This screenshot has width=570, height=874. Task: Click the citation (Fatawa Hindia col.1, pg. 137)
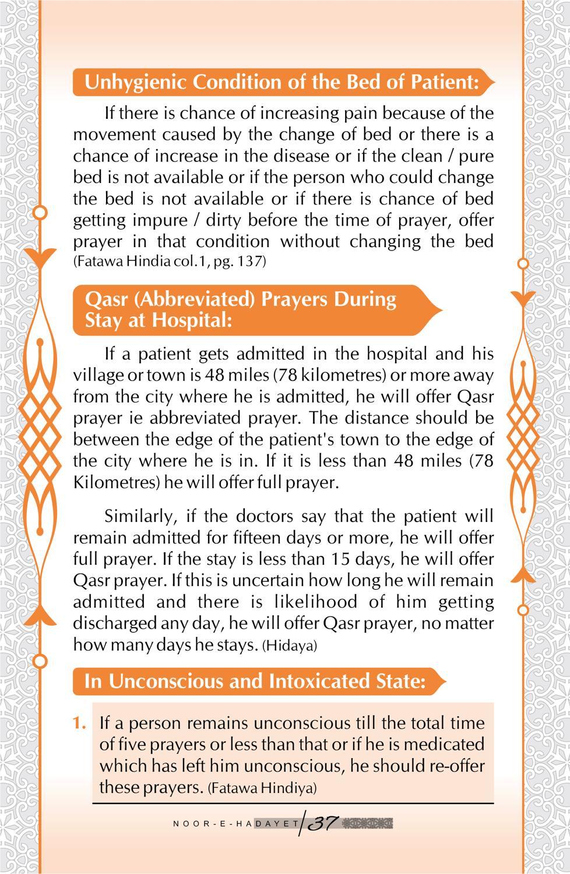click(169, 262)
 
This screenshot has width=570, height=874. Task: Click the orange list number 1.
click(80, 723)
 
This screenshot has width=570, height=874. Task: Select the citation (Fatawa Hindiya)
click(262, 788)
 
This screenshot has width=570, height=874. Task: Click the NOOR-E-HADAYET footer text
click(236, 824)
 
